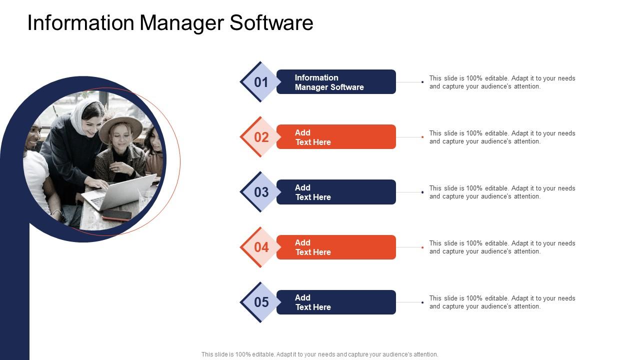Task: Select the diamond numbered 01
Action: click(260, 82)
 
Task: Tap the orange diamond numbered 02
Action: click(260, 137)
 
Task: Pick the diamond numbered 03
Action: click(260, 192)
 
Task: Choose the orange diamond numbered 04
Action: click(260, 247)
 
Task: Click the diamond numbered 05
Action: click(260, 302)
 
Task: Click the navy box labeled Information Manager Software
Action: click(336, 82)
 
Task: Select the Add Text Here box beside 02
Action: click(336, 137)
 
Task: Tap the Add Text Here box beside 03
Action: click(336, 192)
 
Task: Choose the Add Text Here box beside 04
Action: click(336, 247)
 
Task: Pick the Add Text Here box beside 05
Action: click(336, 302)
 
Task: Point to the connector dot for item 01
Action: click(422, 82)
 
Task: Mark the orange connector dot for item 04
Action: click(422, 247)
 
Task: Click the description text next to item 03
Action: click(502, 192)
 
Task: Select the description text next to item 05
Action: click(502, 302)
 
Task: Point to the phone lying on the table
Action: click(116, 215)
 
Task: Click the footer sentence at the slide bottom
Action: click(319, 354)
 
